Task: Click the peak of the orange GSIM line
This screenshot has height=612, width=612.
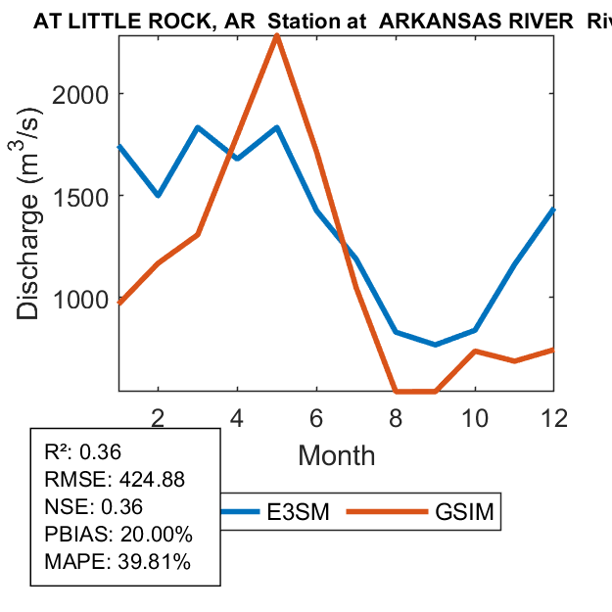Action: pos(277,36)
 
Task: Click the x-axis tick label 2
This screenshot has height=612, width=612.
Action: pos(158,417)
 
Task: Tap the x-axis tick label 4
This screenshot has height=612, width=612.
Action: pos(237,417)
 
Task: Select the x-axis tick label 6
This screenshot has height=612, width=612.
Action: pos(316,417)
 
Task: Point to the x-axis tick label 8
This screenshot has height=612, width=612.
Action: pos(396,417)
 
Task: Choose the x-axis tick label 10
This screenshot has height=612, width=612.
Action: pos(474,417)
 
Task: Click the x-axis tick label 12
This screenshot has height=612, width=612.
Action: pos(553,417)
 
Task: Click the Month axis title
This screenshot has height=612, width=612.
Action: pos(336,455)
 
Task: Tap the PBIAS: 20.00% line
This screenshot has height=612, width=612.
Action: pos(118,535)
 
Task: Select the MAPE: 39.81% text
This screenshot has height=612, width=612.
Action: pos(118,562)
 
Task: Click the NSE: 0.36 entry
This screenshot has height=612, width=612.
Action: pos(94,507)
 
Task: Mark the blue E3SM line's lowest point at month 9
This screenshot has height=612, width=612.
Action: pos(435,345)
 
